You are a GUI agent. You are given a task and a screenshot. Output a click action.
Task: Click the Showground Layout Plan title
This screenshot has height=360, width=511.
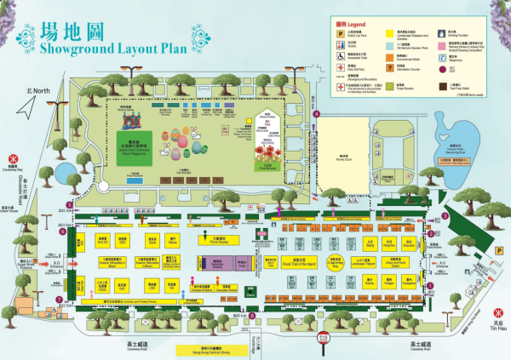click(123, 46)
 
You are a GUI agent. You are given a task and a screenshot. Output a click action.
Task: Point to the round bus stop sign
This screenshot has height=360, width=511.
click(323, 336)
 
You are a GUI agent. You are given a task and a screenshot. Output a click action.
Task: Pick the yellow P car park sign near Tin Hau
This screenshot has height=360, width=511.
click(497, 250)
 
